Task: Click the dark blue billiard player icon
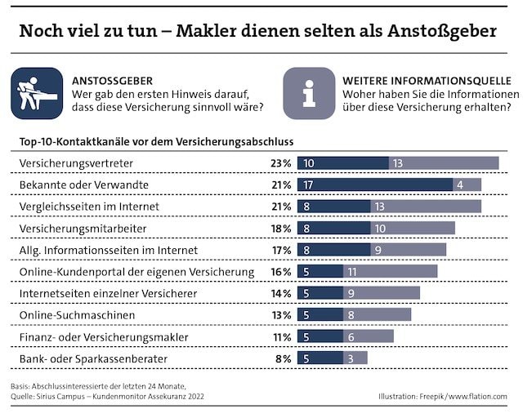(37, 93)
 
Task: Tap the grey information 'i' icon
(309, 93)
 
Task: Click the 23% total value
(281, 163)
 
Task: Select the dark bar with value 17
(375, 185)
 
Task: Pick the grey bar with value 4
(467, 185)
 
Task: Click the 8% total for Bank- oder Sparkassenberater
(284, 358)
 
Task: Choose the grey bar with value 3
(355, 358)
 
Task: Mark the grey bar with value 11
(390, 271)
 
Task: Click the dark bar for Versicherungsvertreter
(342, 163)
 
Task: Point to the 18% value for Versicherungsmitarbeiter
(281, 228)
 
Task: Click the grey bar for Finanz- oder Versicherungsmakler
(369, 336)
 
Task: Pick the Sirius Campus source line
(106, 397)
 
